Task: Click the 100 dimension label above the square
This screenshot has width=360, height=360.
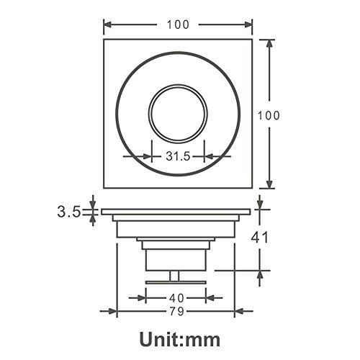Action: (x=178, y=24)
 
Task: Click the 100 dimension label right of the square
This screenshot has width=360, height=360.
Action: (x=269, y=116)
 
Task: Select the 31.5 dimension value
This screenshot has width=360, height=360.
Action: (x=178, y=156)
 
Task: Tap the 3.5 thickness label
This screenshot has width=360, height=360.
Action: (x=68, y=212)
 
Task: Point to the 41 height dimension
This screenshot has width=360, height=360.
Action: (x=260, y=238)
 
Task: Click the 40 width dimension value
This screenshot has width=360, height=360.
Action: (x=176, y=298)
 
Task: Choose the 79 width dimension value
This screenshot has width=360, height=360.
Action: (x=176, y=312)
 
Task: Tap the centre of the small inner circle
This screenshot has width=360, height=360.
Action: (x=178, y=114)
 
